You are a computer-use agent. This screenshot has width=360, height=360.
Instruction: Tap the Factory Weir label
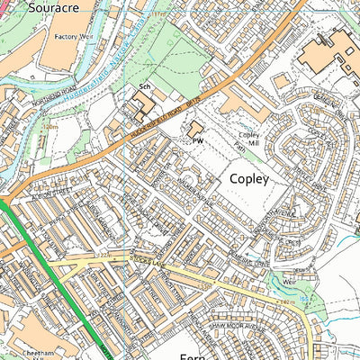(74, 37)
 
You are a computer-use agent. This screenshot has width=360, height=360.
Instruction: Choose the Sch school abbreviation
(143, 86)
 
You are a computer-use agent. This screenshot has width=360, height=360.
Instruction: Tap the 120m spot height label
(51, 128)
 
